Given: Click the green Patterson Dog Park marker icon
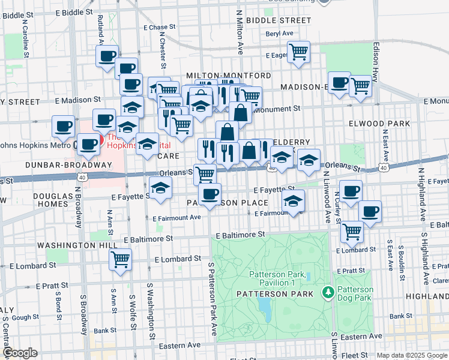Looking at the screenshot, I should pos(328,293).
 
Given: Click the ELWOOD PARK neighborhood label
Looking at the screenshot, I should pos(379,124).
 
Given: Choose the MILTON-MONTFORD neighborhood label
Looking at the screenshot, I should pos(228,76).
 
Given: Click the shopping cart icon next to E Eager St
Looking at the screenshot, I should pos(298,51).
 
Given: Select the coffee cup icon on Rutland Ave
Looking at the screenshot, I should pos(107,57).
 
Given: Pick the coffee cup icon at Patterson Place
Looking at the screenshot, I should pos(209,194).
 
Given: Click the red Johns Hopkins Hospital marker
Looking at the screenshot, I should pos(97,140).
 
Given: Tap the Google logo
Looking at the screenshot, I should pos(20,353).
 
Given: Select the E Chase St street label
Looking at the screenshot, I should pos(159,27).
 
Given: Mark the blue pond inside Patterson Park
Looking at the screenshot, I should pos(264,307).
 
